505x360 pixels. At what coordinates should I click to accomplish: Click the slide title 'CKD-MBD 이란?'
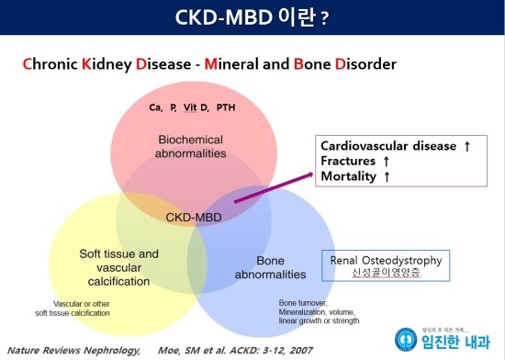click(252, 17)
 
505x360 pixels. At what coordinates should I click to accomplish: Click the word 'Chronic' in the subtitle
click(49, 65)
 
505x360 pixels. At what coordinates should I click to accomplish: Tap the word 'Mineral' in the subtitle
click(234, 65)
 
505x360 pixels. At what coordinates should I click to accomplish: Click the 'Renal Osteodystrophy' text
click(386, 261)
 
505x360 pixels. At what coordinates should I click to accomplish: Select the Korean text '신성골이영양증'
click(386, 274)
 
